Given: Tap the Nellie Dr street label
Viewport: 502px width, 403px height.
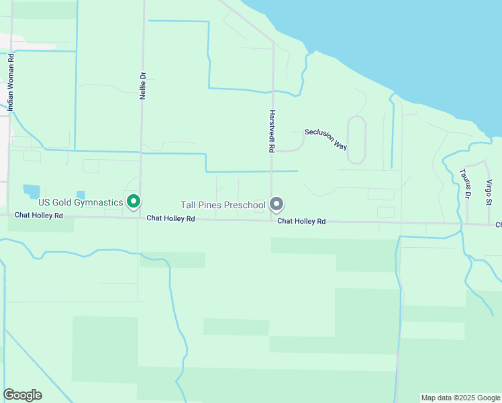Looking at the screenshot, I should (142, 85).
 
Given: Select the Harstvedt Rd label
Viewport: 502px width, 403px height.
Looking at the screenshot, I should (272, 130).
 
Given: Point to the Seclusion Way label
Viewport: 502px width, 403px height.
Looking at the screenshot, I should (325, 137).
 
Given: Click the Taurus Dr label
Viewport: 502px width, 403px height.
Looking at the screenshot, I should (463, 184).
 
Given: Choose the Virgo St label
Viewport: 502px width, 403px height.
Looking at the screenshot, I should (489, 191).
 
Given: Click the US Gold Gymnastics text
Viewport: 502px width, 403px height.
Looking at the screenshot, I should (81, 202).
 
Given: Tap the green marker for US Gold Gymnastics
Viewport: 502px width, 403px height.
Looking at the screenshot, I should (134, 201).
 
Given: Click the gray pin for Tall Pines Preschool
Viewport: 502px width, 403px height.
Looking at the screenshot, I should (276, 204).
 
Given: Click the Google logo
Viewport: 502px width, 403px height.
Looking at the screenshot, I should (22, 394).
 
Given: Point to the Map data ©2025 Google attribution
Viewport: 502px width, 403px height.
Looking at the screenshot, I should (460, 398).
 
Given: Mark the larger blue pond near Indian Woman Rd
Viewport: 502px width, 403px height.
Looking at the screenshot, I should (32, 191).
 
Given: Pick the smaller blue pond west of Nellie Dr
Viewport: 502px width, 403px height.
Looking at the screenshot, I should (81, 195).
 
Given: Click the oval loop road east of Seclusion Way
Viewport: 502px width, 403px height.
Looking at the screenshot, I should (356, 139).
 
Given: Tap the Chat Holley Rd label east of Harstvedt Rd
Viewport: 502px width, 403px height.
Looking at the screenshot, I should (301, 221).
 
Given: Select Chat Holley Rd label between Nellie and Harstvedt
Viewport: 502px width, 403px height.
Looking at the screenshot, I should (170, 218).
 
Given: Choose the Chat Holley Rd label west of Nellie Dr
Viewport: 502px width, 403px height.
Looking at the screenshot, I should (39, 216).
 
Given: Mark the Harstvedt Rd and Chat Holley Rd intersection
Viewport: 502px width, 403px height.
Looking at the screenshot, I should (271, 220).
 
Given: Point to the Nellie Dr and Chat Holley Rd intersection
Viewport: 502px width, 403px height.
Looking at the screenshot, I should (140, 217).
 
